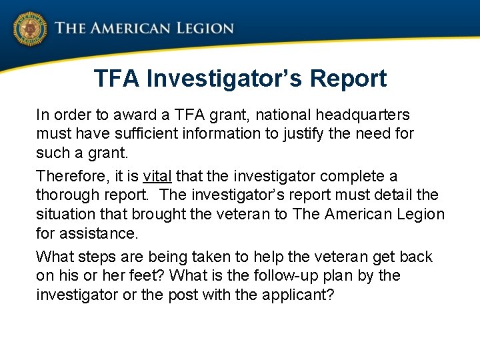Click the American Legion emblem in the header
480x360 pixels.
pyautogui.click(x=29, y=29)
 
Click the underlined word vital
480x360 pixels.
pyautogui.click(x=157, y=176)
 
